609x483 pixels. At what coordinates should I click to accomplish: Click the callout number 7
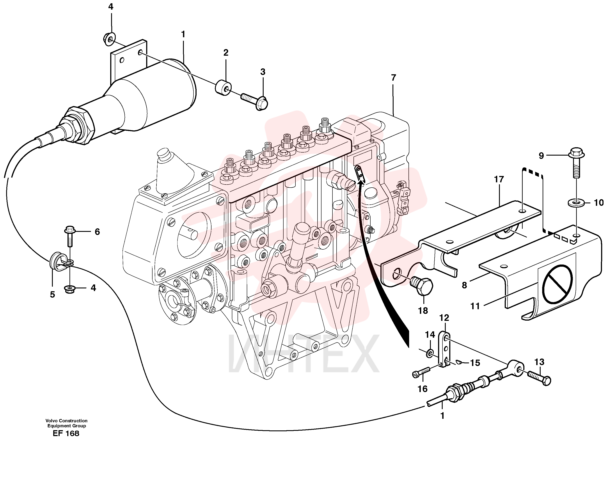point(394,77)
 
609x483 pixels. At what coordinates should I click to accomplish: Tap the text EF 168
point(66,433)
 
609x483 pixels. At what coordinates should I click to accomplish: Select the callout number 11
point(475,306)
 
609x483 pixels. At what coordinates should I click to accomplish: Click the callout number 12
point(444,318)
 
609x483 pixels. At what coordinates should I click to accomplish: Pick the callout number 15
point(475,363)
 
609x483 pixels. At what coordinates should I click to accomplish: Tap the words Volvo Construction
point(66,421)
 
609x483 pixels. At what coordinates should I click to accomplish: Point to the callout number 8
point(464,285)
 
